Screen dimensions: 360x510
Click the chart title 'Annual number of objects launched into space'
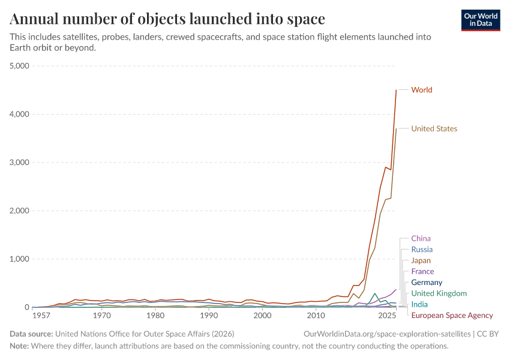pos(167,19)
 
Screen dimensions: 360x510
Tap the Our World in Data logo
pos(481,20)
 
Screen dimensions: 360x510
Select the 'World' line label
pos(421,90)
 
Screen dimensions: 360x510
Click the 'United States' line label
pos(434,129)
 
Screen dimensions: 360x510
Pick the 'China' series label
pos(421,239)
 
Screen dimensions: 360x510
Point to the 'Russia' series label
pos(422,250)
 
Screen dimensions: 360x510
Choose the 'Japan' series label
pos(421,261)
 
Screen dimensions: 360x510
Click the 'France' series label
pos(422,272)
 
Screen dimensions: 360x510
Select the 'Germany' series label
pos(427,283)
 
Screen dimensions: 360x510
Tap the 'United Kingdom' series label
pos(439,293)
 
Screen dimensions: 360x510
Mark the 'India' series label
pos(419,305)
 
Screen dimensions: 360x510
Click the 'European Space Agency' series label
pos(452,316)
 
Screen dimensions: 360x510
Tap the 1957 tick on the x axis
pos(41,316)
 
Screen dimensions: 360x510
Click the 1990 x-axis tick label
pos(209,316)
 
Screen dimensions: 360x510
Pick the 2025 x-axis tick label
pos(387,316)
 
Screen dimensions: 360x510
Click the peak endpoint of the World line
pos(396,90)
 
